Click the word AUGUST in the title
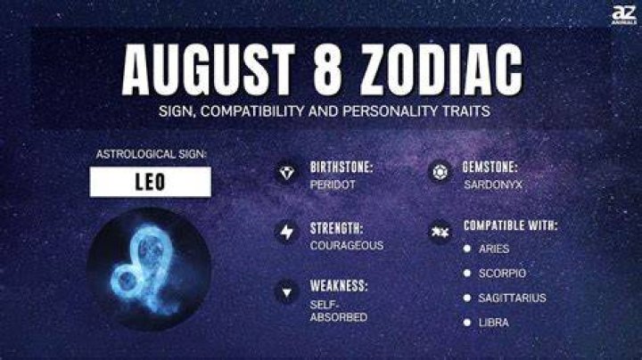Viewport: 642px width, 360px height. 209,69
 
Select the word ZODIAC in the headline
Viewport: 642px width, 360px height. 441,69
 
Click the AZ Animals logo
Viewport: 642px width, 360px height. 623,15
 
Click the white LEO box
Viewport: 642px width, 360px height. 151,182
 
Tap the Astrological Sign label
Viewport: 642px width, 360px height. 151,154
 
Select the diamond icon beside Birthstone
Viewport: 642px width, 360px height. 286,172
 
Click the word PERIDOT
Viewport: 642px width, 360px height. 333,185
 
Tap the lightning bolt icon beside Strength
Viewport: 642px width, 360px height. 286,232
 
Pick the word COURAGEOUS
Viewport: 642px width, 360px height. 347,245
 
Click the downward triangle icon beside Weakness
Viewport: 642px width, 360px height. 286,292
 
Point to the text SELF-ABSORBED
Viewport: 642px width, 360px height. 339,311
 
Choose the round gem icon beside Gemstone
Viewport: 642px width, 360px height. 440,172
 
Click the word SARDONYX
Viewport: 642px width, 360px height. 493,185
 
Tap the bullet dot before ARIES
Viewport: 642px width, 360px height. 466,249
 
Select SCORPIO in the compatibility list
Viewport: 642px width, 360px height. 502,274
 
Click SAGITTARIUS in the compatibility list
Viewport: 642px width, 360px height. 512,298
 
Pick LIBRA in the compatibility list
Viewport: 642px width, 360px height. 494,323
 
